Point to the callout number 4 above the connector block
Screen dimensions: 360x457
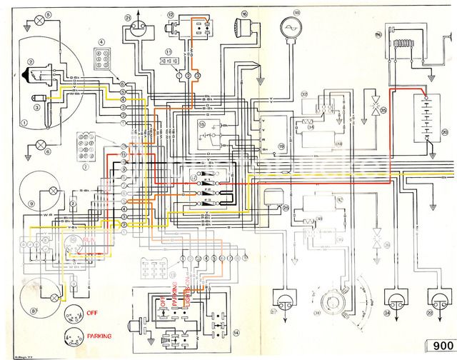pyautogui.click(x=101, y=42)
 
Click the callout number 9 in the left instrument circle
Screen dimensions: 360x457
pyautogui.click(x=31, y=204)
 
